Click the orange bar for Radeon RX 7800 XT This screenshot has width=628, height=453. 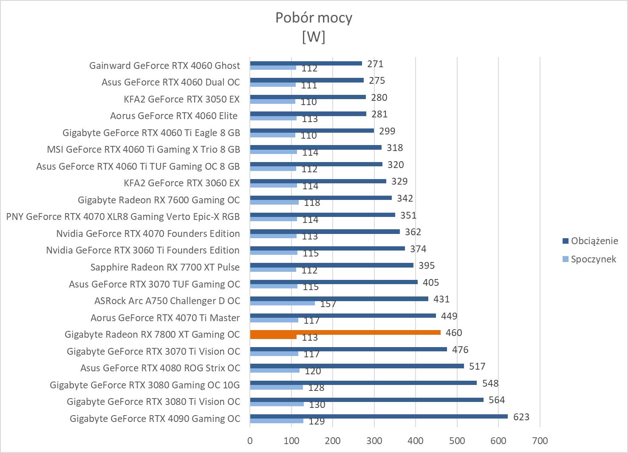pos(345,333)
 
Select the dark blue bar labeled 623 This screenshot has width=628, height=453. pos(379,416)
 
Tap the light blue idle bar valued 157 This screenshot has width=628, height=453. pos(282,303)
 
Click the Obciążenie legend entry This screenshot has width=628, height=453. pos(594,241)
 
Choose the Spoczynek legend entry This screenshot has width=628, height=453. pos(593,259)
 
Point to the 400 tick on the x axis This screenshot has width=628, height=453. pos(416,441)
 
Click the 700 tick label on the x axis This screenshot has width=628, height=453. pos(540,441)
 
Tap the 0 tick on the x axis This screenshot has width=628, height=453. pos(250,441)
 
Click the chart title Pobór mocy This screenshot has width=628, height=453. pos(314,18)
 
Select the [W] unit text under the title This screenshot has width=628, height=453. pos(314,37)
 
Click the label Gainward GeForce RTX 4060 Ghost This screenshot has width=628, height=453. pos(164,66)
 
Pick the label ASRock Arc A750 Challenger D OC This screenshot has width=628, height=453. pos(167,301)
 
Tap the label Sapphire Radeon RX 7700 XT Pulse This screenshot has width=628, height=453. pos(165,267)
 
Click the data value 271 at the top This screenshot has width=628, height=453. pos(376,64)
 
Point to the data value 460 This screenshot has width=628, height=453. pos(454,333)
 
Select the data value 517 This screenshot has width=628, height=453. pos(477,366)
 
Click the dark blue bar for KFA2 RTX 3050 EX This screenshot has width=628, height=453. pos(308,97)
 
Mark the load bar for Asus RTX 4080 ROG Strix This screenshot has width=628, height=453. pos(357,366)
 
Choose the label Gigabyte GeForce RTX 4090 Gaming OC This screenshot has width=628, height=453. pos(155,419)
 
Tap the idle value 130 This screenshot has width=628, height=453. pos(317,405)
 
